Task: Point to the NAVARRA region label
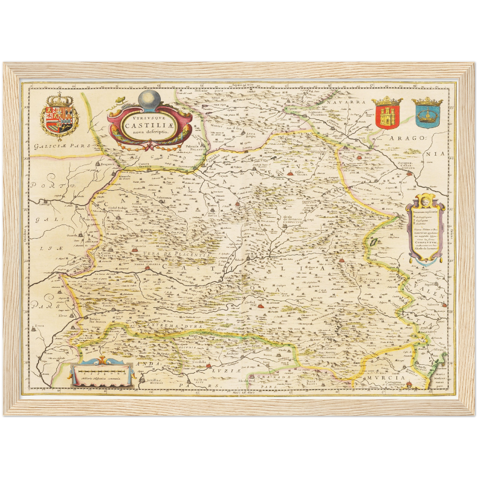[347, 102]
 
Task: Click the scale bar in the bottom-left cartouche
[101, 372]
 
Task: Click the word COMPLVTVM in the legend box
[426, 242]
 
